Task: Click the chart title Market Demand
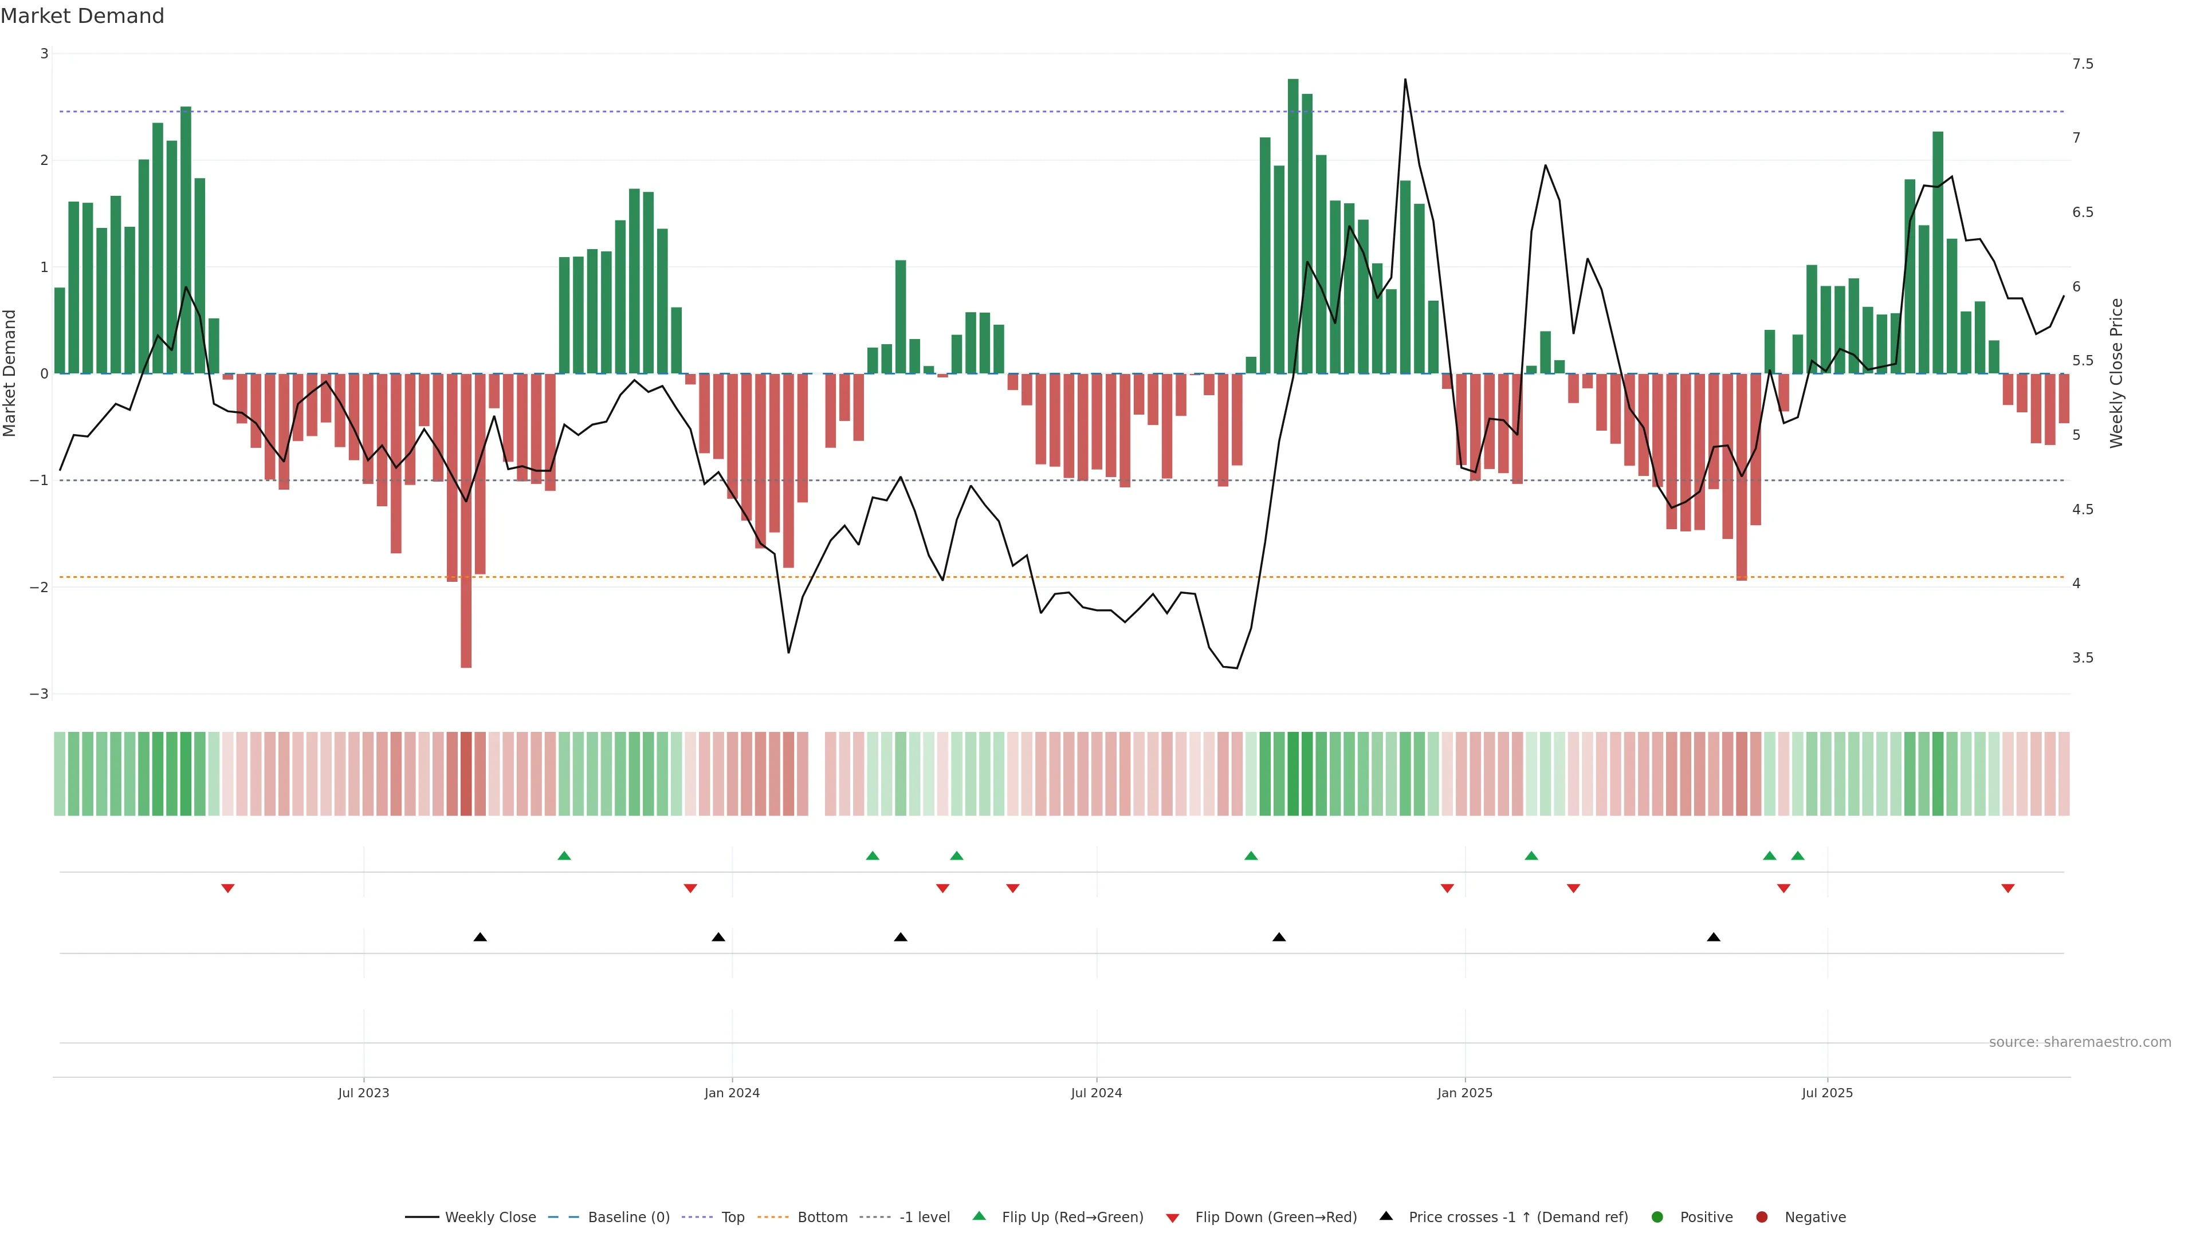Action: tap(82, 16)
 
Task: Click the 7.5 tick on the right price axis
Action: tap(2082, 64)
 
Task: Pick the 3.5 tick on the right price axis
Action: tap(2082, 658)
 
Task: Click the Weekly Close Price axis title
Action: tap(2116, 373)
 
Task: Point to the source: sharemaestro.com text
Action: tap(2080, 1042)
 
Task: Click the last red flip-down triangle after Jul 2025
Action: tap(2008, 889)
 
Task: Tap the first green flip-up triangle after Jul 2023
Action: tap(564, 856)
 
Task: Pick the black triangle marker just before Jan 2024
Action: tap(718, 937)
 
